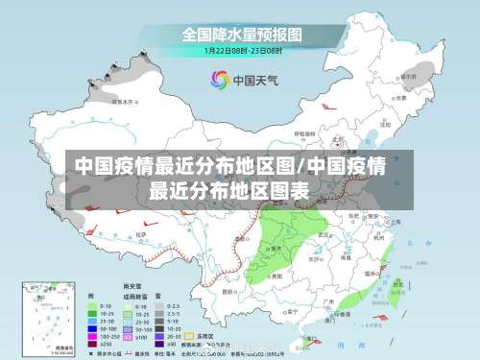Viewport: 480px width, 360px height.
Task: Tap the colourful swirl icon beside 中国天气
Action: (x=220, y=80)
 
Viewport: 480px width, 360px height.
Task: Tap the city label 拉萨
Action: (x=141, y=233)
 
